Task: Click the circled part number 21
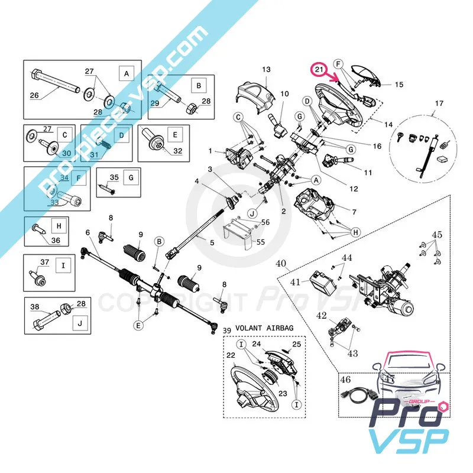[x=320, y=70]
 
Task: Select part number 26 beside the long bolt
[x=34, y=95]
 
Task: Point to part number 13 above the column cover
[x=266, y=70]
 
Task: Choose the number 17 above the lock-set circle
[x=438, y=104]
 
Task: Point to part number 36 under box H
[x=56, y=240]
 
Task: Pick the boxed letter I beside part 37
[x=62, y=265]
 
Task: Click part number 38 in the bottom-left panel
[x=35, y=307]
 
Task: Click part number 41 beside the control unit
[x=295, y=282]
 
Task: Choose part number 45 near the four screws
[x=437, y=235]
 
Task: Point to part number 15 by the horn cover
[x=399, y=85]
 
